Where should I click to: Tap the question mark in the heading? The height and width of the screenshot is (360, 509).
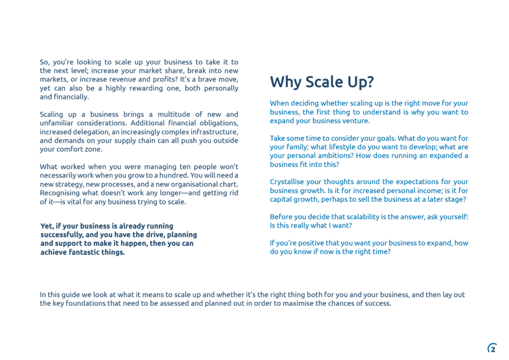(370, 82)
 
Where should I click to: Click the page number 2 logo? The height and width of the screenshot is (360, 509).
(492, 349)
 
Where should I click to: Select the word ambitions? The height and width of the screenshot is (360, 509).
(341, 156)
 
